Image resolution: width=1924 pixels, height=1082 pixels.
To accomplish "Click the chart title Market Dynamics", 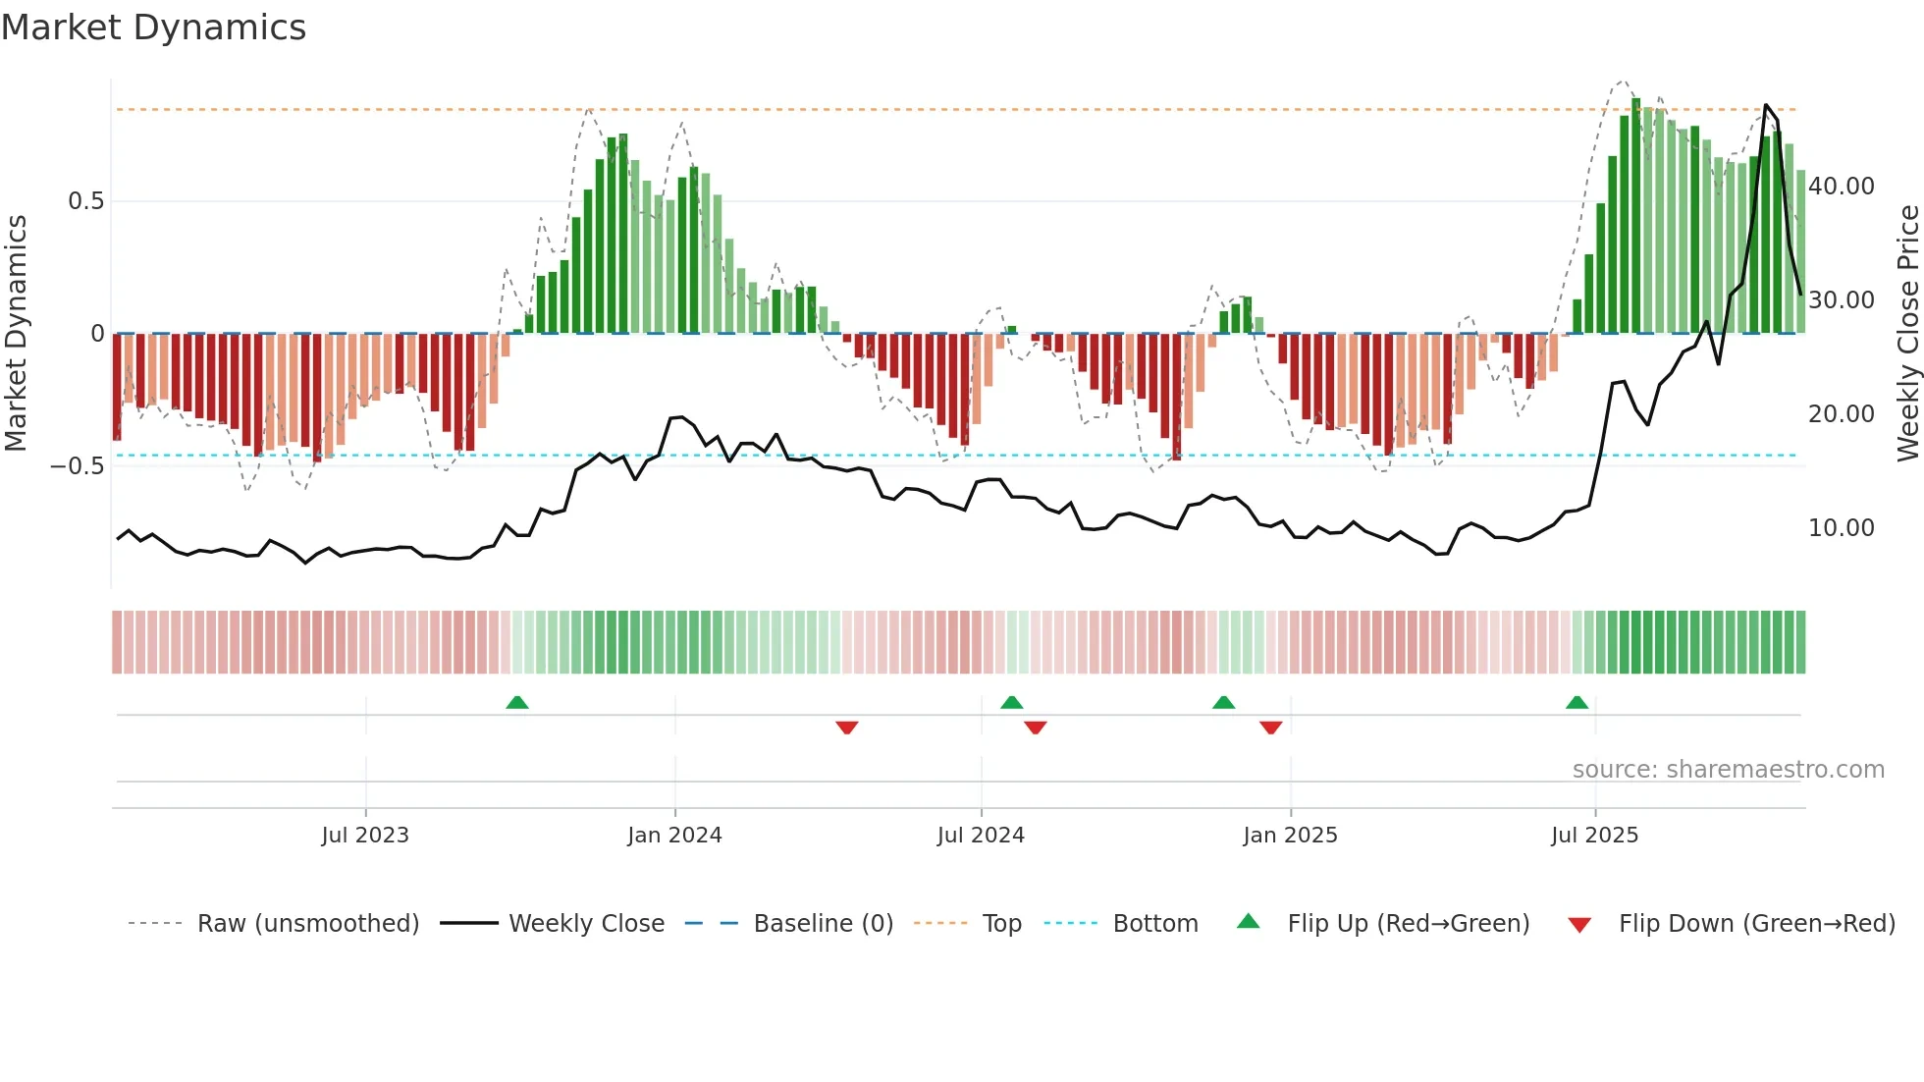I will [153, 27].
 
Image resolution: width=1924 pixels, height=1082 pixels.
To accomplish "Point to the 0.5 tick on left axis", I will [85, 201].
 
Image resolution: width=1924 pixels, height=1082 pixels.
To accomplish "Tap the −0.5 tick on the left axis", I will [78, 466].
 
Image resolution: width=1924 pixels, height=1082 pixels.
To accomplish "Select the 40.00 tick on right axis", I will [1841, 187].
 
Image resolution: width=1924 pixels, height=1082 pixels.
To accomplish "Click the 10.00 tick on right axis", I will [1841, 528].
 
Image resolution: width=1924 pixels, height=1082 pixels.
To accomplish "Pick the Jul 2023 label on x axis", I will [365, 836].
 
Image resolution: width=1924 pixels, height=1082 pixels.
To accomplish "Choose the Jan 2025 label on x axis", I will [1290, 836].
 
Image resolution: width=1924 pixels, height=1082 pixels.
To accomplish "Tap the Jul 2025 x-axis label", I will [1594, 836].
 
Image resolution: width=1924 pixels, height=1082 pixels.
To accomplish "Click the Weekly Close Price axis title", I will [1907, 334].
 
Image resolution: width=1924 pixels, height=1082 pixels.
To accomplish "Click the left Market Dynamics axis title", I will [16, 334].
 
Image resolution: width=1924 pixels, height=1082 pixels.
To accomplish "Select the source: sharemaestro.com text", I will [1728, 770].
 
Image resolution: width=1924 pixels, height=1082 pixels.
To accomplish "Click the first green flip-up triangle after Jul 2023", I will [517, 702].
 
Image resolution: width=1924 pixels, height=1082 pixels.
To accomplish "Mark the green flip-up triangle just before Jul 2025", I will [1577, 702].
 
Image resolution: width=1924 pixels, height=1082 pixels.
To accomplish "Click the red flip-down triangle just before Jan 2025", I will [1270, 728].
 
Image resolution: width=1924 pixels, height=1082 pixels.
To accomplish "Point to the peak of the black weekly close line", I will [1766, 105].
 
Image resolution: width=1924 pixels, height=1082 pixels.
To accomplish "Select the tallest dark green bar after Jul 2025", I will [1636, 216].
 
